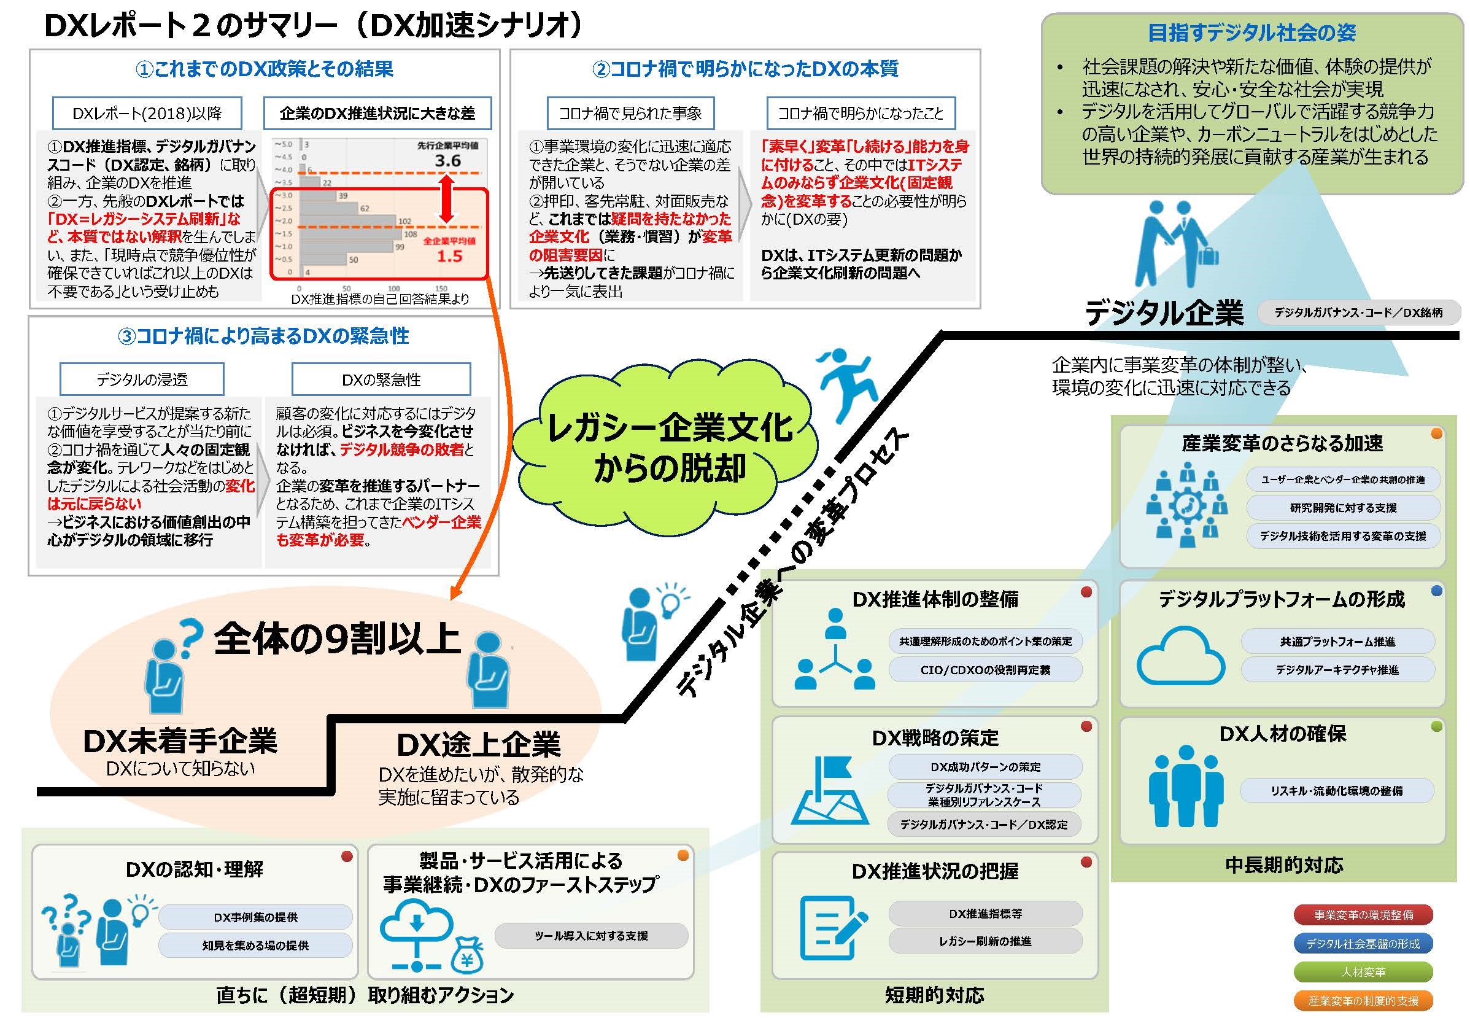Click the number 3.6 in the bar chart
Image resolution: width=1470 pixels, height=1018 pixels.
[x=447, y=161]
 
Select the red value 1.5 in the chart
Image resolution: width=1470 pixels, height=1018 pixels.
[x=449, y=257]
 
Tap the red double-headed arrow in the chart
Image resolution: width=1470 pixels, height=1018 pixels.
[x=446, y=198]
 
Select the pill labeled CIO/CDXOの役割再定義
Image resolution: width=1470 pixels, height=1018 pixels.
[x=985, y=670]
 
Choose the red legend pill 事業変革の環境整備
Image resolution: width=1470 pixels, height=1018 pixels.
[x=1363, y=915]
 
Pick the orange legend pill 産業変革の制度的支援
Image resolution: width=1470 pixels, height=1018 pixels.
[x=1363, y=1000]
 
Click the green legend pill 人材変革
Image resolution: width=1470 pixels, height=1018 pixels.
[x=1363, y=972]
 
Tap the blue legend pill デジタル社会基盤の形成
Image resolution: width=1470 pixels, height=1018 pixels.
[x=1363, y=943]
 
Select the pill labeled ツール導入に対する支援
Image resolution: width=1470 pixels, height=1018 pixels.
[x=591, y=936]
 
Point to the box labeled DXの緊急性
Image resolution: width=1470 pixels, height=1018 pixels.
[x=381, y=379]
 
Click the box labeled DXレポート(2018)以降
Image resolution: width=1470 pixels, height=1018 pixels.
[x=147, y=114]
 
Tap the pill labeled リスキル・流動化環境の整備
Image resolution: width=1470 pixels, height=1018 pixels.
[x=1337, y=790]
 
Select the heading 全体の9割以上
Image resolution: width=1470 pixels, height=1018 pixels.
[x=337, y=638]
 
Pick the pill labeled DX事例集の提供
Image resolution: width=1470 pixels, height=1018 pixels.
[x=255, y=917]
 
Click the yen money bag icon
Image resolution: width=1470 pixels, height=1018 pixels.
[x=467, y=954]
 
